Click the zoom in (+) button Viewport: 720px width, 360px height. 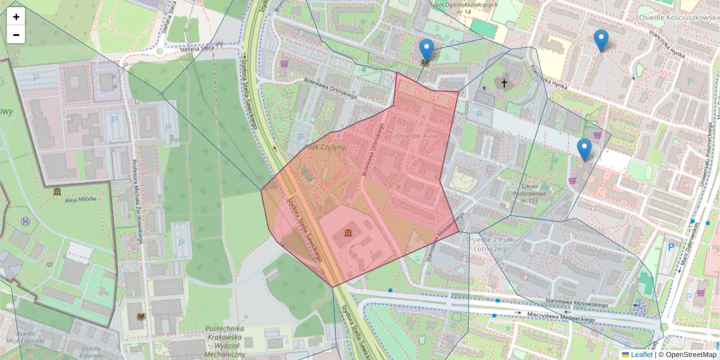pos(16,17)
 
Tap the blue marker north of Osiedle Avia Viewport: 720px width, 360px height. pos(426,50)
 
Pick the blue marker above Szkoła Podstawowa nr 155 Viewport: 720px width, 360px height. pos(584,149)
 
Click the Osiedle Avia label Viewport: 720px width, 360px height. pos(421,136)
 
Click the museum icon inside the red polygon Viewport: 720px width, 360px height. pos(349,233)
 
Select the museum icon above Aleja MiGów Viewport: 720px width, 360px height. pos(57,191)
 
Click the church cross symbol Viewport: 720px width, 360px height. pos(504,83)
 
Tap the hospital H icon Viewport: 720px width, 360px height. pos(25,221)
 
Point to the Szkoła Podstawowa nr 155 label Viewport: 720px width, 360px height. pos(529,193)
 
